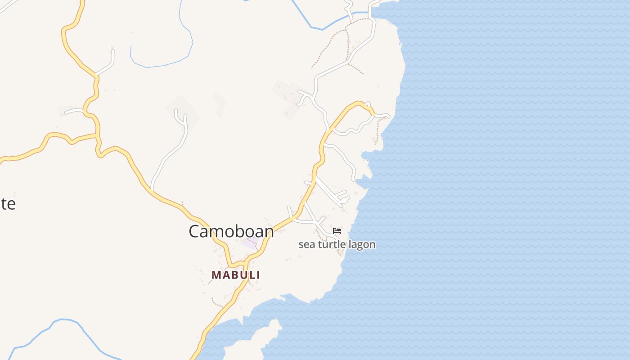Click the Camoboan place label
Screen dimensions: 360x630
click(x=231, y=231)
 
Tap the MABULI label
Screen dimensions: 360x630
click(x=236, y=274)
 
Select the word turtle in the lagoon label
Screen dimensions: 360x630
click(x=331, y=244)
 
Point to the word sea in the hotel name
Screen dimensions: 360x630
click(x=306, y=244)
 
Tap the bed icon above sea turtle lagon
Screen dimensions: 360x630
click(x=337, y=231)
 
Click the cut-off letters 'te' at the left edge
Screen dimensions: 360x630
click(x=8, y=204)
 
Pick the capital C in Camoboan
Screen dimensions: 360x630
click(x=194, y=231)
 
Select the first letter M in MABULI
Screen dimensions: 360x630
click(x=216, y=274)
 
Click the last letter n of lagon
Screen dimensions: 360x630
click(x=372, y=244)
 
